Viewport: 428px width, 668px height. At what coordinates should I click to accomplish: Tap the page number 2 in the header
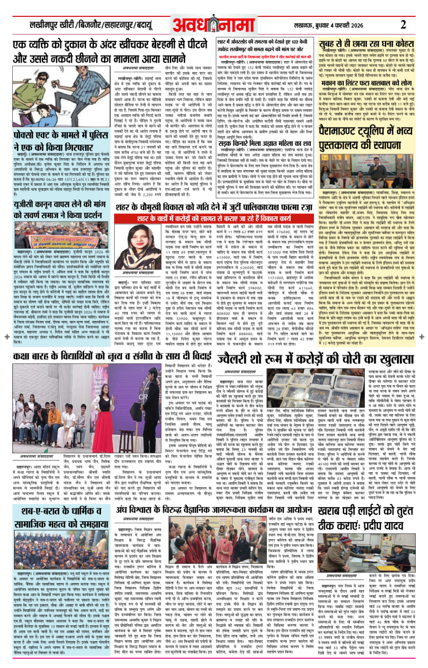click(403, 24)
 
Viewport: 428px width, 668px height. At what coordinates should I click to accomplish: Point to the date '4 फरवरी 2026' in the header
click(344, 25)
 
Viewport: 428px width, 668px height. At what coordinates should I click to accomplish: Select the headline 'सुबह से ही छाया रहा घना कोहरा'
click(366, 44)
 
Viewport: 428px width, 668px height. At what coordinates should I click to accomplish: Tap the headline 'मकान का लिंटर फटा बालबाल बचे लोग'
click(366, 83)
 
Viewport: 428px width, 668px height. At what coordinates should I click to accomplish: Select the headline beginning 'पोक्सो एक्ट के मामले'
click(61, 141)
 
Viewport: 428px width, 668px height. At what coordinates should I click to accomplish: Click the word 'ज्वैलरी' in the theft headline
click(239, 359)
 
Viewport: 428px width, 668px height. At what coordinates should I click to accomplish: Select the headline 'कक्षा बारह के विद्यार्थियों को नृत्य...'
click(112, 356)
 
